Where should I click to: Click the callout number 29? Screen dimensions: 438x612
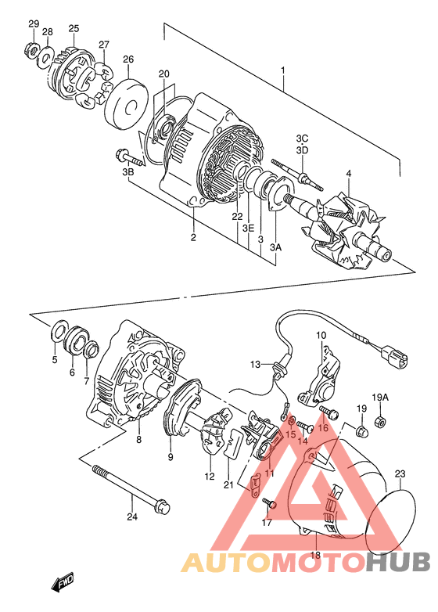[34, 23]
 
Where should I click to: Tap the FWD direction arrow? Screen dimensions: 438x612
[62, 583]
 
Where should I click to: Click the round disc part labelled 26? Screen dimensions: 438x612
[127, 103]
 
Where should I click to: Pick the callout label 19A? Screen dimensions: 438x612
[380, 398]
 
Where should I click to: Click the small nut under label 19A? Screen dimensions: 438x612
[379, 422]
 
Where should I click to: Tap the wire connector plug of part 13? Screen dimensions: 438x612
[394, 357]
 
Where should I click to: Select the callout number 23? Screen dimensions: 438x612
[400, 474]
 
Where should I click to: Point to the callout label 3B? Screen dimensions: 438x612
[127, 171]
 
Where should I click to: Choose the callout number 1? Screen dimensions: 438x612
[283, 70]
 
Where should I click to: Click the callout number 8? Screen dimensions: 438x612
[139, 440]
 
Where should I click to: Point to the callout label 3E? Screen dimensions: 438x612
[248, 229]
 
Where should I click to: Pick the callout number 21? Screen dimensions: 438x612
[228, 485]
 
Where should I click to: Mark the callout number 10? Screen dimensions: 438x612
[321, 335]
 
